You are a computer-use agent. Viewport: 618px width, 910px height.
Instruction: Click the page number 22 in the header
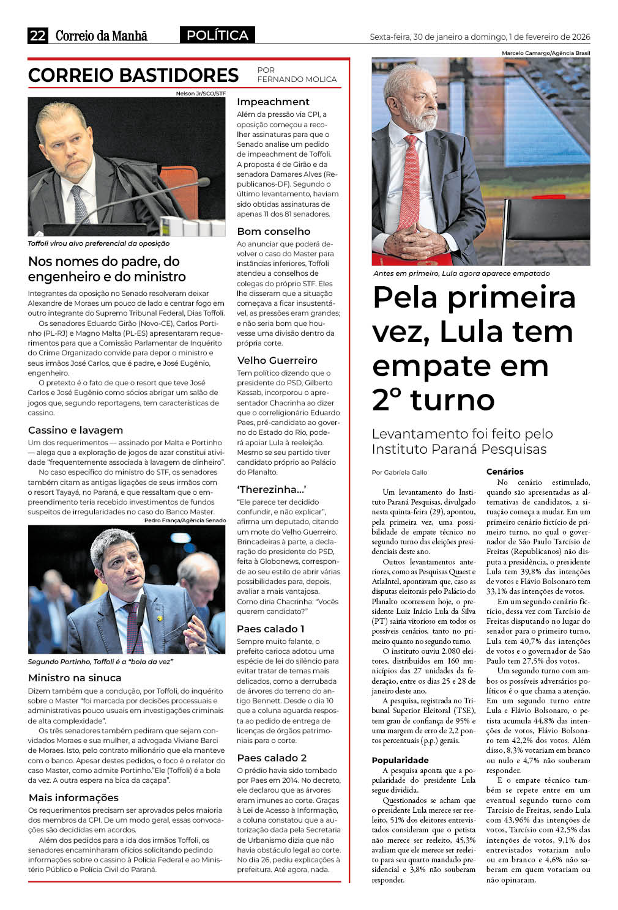(x=37, y=35)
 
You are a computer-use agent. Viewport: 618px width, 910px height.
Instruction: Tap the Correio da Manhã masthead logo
(x=102, y=36)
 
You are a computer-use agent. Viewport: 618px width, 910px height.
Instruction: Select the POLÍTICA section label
(x=217, y=35)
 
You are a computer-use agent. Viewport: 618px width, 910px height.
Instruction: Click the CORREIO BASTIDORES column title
(x=133, y=75)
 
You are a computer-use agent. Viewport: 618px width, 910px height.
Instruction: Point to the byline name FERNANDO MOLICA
(x=297, y=80)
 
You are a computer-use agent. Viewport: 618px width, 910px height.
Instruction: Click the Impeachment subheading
(x=273, y=102)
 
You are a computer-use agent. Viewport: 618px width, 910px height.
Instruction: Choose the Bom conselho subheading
(x=274, y=231)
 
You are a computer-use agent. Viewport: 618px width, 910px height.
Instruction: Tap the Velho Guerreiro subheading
(x=277, y=360)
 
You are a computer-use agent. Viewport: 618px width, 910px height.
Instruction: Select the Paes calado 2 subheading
(x=272, y=758)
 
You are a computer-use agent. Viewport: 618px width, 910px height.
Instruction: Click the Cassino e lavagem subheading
(x=75, y=430)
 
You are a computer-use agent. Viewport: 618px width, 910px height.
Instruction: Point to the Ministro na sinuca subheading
(x=75, y=678)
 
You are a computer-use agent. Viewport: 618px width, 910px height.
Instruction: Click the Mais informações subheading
(x=73, y=797)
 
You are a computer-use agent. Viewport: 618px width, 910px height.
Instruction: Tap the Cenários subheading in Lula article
(x=505, y=472)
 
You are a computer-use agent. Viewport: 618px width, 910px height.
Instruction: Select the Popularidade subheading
(x=400, y=760)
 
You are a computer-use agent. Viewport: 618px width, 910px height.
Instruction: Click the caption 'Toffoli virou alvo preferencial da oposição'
(x=99, y=243)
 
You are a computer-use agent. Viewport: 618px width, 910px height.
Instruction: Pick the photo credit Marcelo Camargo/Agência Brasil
(x=546, y=53)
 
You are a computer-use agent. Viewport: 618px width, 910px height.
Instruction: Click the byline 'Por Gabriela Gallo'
(x=400, y=472)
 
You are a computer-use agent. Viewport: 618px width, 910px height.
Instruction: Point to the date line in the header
(x=480, y=37)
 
